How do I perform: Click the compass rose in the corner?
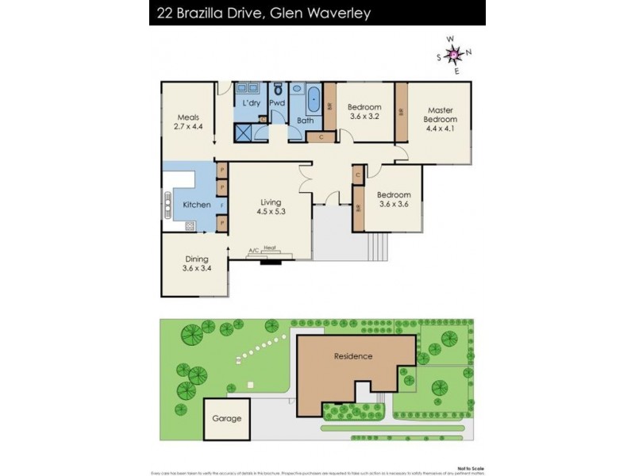(454, 54)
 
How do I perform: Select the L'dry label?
(251, 103)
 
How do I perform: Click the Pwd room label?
(277, 103)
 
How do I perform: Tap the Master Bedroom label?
(441, 115)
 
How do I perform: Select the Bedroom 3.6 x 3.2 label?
(364, 112)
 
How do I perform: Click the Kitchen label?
(196, 205)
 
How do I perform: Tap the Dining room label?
(197, 263)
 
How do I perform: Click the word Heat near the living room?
(270, 248)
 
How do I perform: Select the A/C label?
(253, 251)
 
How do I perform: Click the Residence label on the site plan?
(352, 356)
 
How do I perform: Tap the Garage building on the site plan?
(226, 419)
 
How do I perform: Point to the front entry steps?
(379, 248)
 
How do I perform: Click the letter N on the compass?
(468, 52)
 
